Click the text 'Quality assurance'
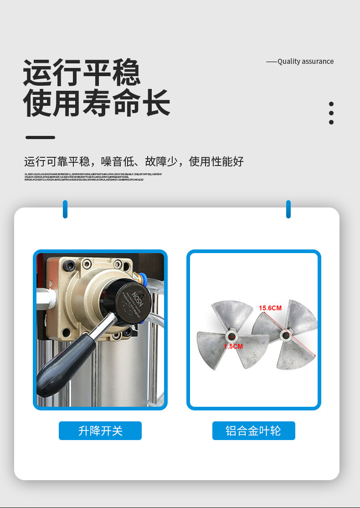pyautogui.click(x=305, y=62)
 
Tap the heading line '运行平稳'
pyautogui.click(x=82, y=73)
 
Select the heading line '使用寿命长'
pyautogui.click(x=97, y=104)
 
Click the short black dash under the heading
pyautogui.click(x=40, y=137)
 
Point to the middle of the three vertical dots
pyautogui.click(x=331, y=113)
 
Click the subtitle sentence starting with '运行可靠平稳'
pyautogui.click(x=134, y=161)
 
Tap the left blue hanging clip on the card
pyautogui.click(x=65, y=209)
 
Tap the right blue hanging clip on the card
pyautogui.click(x=288, y=209)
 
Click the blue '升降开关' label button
pyautogui.click(x=100, y=430)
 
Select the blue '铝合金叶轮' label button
pyautogui.click(x=253, y=430)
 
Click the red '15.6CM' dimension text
pyautogui.click(x=270, y=308)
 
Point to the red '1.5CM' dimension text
pyautogui.click(x=233, y=347)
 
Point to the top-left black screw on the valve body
pyautogui.click(x=69, y=264)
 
